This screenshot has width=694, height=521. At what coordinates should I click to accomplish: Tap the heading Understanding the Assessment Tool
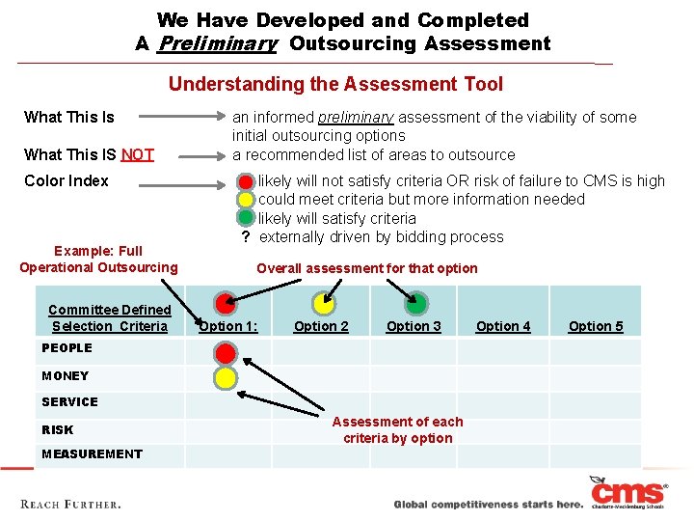(335, 84)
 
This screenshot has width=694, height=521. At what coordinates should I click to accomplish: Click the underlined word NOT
(137, 154)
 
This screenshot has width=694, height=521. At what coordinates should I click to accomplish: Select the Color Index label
(67, 180)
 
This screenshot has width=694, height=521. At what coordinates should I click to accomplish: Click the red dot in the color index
(247, 181)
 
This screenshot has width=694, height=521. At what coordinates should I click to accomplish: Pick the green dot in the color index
(247, 218)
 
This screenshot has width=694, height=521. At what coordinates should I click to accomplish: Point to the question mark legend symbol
(247, 237)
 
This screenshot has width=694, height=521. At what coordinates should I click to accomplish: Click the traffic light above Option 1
(227, 304)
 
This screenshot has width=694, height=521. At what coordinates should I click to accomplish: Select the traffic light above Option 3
(416, 304)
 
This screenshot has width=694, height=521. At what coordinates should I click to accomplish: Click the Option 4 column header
(503, 326)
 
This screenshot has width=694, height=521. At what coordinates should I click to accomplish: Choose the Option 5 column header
(596, 326)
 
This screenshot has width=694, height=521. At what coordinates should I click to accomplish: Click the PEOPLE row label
(67, 348)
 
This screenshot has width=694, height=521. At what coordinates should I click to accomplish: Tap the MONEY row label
(66, 376)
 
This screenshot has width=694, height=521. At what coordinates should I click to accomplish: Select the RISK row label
(58, 430)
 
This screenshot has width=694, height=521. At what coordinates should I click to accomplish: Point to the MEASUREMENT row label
(92, 454)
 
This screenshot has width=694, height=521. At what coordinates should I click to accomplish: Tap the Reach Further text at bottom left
(70, 505)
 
